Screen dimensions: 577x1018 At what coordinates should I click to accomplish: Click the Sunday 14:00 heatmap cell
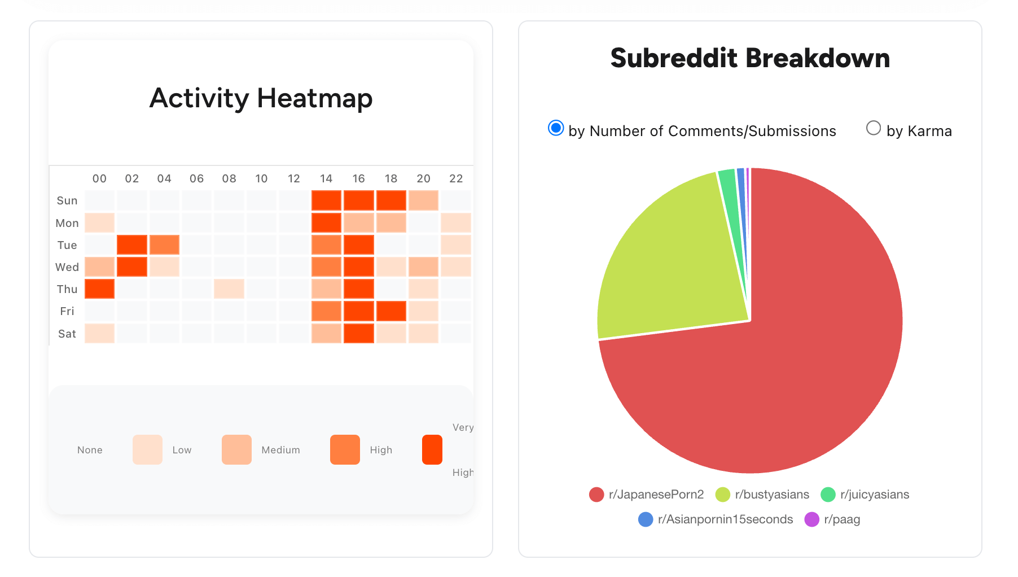coord(326,200)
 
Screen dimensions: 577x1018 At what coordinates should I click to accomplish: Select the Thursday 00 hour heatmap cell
coord(99,289)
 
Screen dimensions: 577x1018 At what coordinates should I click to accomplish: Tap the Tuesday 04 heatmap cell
coord(164,245)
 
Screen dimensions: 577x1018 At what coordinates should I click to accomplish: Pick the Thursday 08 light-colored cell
coord(229,289)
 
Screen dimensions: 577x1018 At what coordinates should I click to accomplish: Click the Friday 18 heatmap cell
coord(391,311)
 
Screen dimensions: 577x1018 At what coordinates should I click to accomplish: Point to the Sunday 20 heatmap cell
coord(423,200)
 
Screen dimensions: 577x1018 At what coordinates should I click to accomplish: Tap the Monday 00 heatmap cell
coord(99,222)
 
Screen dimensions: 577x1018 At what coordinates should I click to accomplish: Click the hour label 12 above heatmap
coord(293,178)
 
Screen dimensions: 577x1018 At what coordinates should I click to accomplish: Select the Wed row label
coord(67,267)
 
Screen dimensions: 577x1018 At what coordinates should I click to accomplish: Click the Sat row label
coord(67,334)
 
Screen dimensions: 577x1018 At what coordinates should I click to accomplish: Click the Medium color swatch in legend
coord(236,449)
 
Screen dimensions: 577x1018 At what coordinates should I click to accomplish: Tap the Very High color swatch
coord(432,449)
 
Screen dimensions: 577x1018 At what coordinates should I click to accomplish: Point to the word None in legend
coord(90,450)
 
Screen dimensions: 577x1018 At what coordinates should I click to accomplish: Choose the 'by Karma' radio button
coord(873,129)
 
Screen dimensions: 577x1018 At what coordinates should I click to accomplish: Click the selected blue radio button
coord(556,129)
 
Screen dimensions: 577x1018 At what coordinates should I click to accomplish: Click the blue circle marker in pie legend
coord(646,519)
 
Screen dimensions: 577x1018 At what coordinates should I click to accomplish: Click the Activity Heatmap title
coord(261,98)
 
